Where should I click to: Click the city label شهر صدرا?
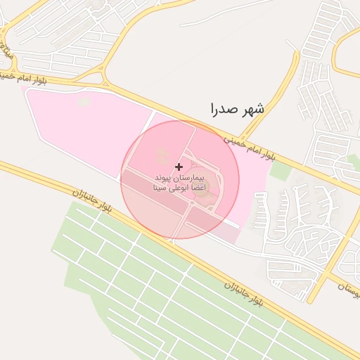[x=237, y=109]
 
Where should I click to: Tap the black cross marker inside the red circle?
[x=179, y=167]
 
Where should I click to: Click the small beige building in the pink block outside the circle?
[x=84, y=103]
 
